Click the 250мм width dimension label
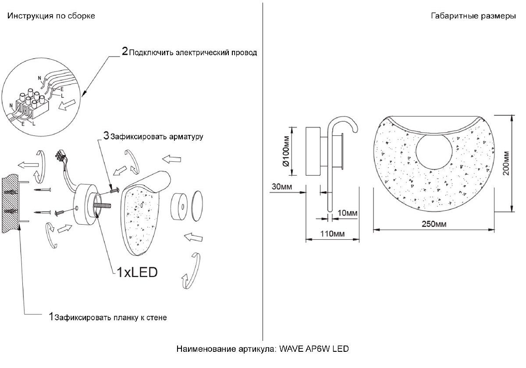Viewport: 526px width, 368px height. tap(434, 224)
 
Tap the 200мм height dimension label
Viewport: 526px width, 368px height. tap(507, 163)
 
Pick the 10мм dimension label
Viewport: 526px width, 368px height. tap(348, 213)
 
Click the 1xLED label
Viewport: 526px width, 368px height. tap(136, 272)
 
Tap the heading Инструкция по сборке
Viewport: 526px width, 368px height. tap(51, 16)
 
